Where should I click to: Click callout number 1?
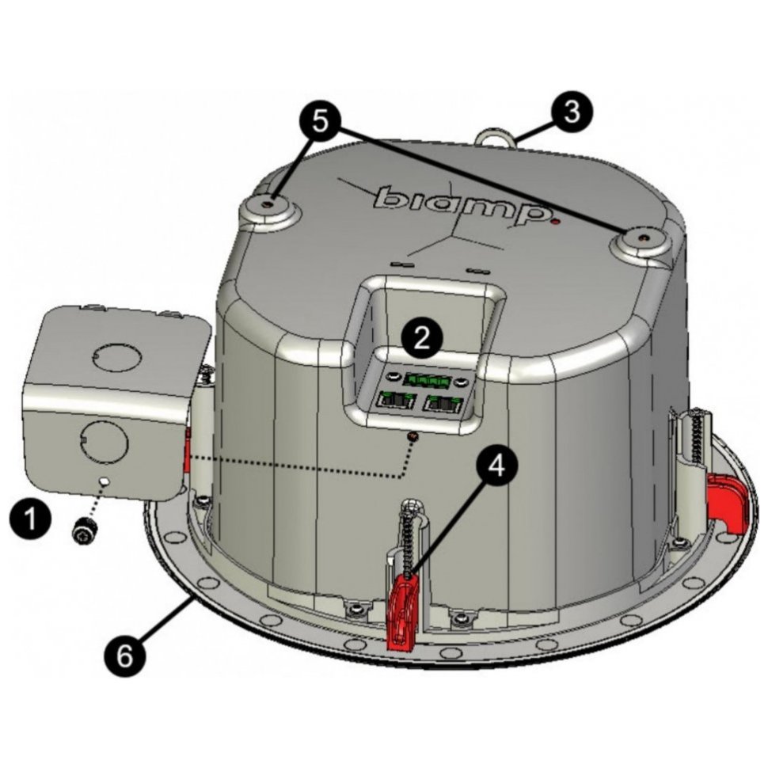pyautogui.click(x=30, y=519)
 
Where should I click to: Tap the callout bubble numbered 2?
pyautogui.click(x=422, y=339)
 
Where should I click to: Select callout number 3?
pyautogui.click(x=572, y=112)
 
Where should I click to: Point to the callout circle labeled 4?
pyautogui.click(x=496, y=466)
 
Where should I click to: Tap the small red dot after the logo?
pyautogui.click(x=556, y=222)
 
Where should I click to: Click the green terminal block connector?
pyautogui.click(x=430, y=378)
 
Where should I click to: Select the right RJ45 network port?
pyautogui.click(x=443, y=404)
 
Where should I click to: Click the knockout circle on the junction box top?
pyautogui.click(x=116, y=356)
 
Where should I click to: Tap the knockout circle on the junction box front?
pyautogui.click(x=104, y=441)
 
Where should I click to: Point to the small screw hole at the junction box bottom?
pyautogui.click(x=103, y=481)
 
